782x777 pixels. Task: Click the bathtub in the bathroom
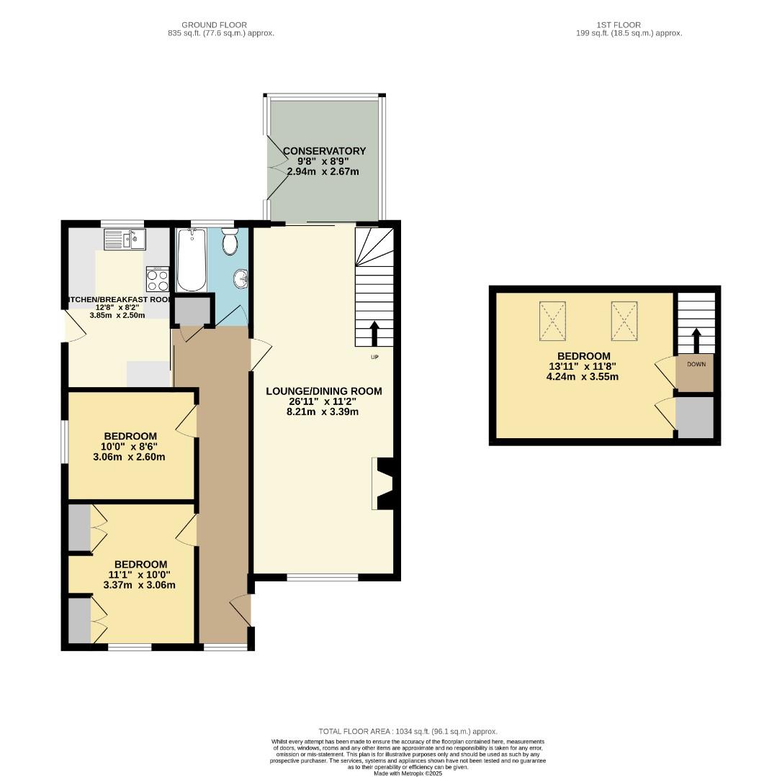click(x=192, y=259)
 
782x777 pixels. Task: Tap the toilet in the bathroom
click(x=230, y=242)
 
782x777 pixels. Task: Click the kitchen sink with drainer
click(x=125, y=239)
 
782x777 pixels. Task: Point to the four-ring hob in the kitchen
click(x=158, y=278)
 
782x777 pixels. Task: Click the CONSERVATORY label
click(x=324, y=151)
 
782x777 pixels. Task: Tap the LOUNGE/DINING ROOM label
click(x=323, y=391)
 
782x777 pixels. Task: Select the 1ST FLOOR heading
click(x=618, y=25)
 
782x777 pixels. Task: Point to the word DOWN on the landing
click(x=696, y=364)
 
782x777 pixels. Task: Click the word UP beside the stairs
click(x=374, y=357)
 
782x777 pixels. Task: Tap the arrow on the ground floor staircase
click(x=374, y=334)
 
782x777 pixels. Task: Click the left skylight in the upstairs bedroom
click(x=552, y=320)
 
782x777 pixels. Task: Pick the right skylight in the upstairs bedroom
click(x=625, y=320)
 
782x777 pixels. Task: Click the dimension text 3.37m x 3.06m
click(x=139, y=585)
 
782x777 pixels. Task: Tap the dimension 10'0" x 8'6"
click(x=130, y=447)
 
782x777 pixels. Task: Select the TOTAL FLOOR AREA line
click(x=408, y=732)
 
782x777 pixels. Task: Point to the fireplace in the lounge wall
click(x=383, y=483)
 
